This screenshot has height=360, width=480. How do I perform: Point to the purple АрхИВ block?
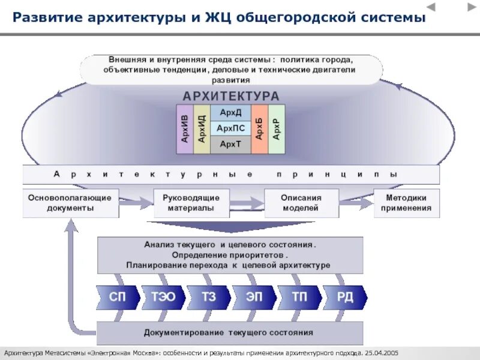[185, 128]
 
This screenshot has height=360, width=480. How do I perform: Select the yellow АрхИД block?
[202, 128]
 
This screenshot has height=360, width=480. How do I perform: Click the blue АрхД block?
[230, 113]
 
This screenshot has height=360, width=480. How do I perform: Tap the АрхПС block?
[230, 128]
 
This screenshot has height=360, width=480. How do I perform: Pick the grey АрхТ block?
[230, 144]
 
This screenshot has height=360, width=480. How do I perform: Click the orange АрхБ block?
[259, 128]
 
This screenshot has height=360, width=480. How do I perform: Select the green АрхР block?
[276, 128]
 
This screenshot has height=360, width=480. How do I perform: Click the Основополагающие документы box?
[70, 203]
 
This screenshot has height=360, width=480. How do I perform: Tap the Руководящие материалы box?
[192, 203]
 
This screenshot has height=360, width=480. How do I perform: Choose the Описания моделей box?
[301, 203]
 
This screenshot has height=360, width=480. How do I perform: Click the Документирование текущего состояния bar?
[230, 332]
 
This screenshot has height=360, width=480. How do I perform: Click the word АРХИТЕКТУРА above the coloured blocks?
[231, 96]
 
